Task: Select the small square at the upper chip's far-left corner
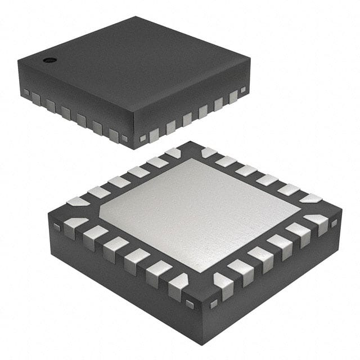(x=26, y=92)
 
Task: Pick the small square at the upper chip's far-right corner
(x=243, y=89)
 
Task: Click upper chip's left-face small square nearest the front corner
(x=124, y=138)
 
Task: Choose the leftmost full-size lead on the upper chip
(x=36, y=98)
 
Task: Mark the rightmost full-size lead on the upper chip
(x=233, y=96)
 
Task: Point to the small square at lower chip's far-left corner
(x=57, y=227)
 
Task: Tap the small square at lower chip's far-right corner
(x=334, y=223)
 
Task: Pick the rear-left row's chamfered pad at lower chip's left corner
(x=78, y=201)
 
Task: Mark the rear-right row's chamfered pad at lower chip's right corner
(x=311, y=198)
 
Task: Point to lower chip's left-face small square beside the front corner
(x=190, y=304)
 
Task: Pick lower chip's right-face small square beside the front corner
(x=213, y=304)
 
